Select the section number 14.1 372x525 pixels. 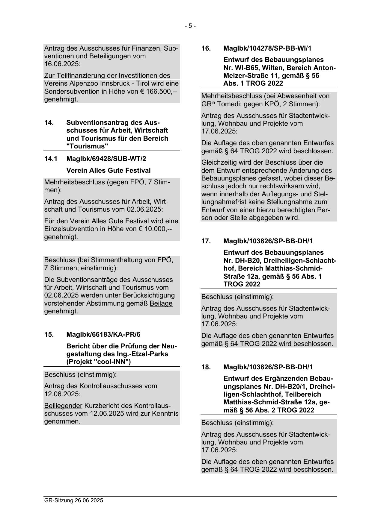pos(51,159)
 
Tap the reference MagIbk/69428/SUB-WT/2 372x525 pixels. pos(106,159)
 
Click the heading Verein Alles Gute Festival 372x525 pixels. pos(108,171)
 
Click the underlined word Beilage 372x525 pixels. pos(161,303)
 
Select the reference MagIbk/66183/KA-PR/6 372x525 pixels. pos(103,334)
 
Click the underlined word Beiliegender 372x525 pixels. pos(63,406)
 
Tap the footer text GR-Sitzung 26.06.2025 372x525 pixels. pos(73,500)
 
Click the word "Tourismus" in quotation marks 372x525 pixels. pos(87,146)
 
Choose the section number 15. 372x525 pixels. pos(49,334)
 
